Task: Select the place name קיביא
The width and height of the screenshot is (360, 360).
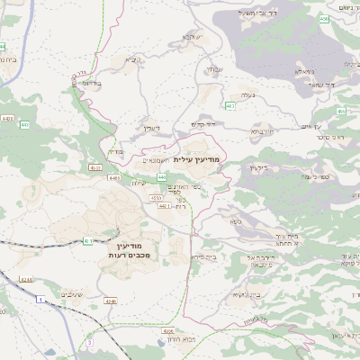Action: [133, 60]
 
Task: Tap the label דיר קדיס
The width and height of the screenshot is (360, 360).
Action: [204, 124]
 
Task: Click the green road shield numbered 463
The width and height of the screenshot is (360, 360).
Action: [230, 106]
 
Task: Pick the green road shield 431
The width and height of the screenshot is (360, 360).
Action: [88, 240]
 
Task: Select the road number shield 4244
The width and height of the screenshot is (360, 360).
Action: [27, 280]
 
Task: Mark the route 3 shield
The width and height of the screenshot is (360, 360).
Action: [90, 343]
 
